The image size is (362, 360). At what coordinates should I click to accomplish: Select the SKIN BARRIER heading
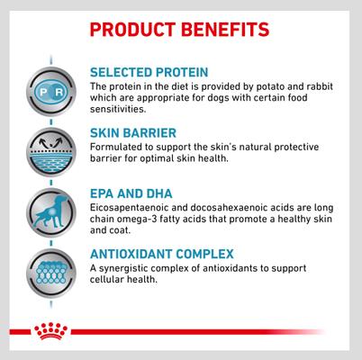pos(132,133)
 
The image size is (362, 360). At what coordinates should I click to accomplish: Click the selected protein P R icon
pos(44,94)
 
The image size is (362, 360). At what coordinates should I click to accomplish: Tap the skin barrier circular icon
pos(44,150)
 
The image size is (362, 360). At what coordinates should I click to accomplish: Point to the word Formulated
pos(118,148)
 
